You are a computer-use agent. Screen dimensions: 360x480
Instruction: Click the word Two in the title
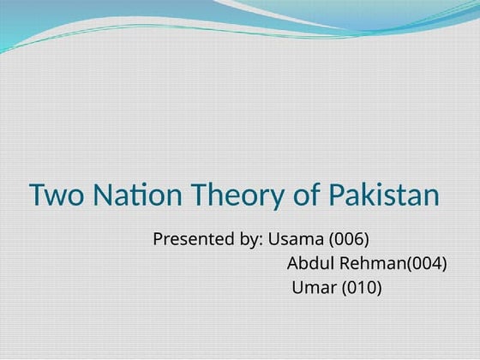(x=52, y=195)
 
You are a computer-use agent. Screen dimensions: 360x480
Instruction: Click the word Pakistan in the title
(x=384, y=195)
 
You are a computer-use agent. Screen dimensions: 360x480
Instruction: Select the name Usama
(x=296, y=238)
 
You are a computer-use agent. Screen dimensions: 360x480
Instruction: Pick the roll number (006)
(x=349, y=239)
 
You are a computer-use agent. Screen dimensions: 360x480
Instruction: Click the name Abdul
(x=309, y=263)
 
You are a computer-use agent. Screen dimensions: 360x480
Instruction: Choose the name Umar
(x=315, y=287)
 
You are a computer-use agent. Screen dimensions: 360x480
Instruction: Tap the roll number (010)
(x=362, y=288)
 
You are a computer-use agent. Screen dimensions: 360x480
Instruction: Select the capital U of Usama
(x=274, y=238)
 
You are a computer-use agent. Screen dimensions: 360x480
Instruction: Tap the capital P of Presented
(x=158, y=238)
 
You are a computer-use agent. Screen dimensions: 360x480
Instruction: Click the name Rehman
(x=369, y=263)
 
